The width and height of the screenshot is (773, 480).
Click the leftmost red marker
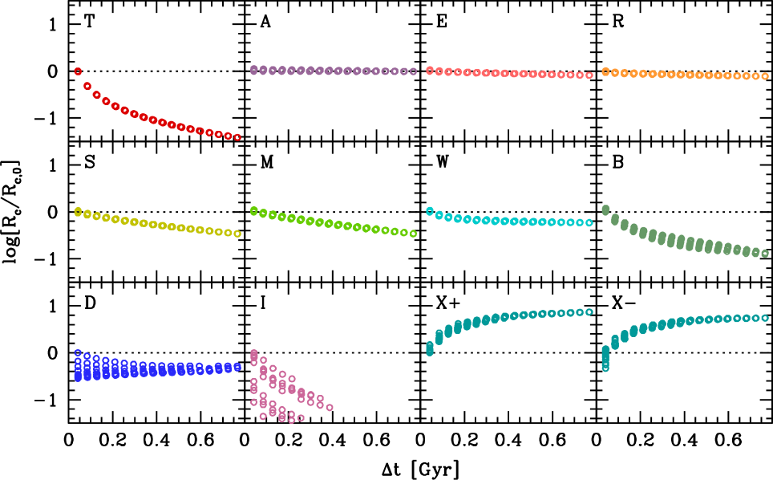(78, 71)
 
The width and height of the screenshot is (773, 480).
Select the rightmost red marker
(237, 137)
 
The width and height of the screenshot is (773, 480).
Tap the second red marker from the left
(87, 86)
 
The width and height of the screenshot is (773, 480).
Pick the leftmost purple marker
(254, 70)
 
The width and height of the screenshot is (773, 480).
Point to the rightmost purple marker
(413, 71)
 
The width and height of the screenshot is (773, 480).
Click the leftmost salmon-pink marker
(430, 71)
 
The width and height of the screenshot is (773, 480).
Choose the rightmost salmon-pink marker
(589, 75)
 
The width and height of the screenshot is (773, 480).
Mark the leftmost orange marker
(605, 71)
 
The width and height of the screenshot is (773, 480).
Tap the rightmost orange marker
(765, 76)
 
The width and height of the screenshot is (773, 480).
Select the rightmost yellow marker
(237, 234)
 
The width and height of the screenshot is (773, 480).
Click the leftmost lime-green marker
(254, 211)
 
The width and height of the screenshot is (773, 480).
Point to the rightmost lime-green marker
(413, 234)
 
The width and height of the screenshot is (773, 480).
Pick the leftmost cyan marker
(430, 211)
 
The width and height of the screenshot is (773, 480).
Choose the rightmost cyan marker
(589, 223)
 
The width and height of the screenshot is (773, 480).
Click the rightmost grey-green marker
(765, 254)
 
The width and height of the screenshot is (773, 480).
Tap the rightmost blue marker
(237, 367)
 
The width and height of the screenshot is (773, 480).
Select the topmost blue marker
(78, 352)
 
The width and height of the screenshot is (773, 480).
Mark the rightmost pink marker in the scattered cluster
(330, 408)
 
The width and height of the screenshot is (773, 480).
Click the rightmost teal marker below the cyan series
(589, 312)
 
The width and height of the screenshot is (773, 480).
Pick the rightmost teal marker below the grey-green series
(765, 318)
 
